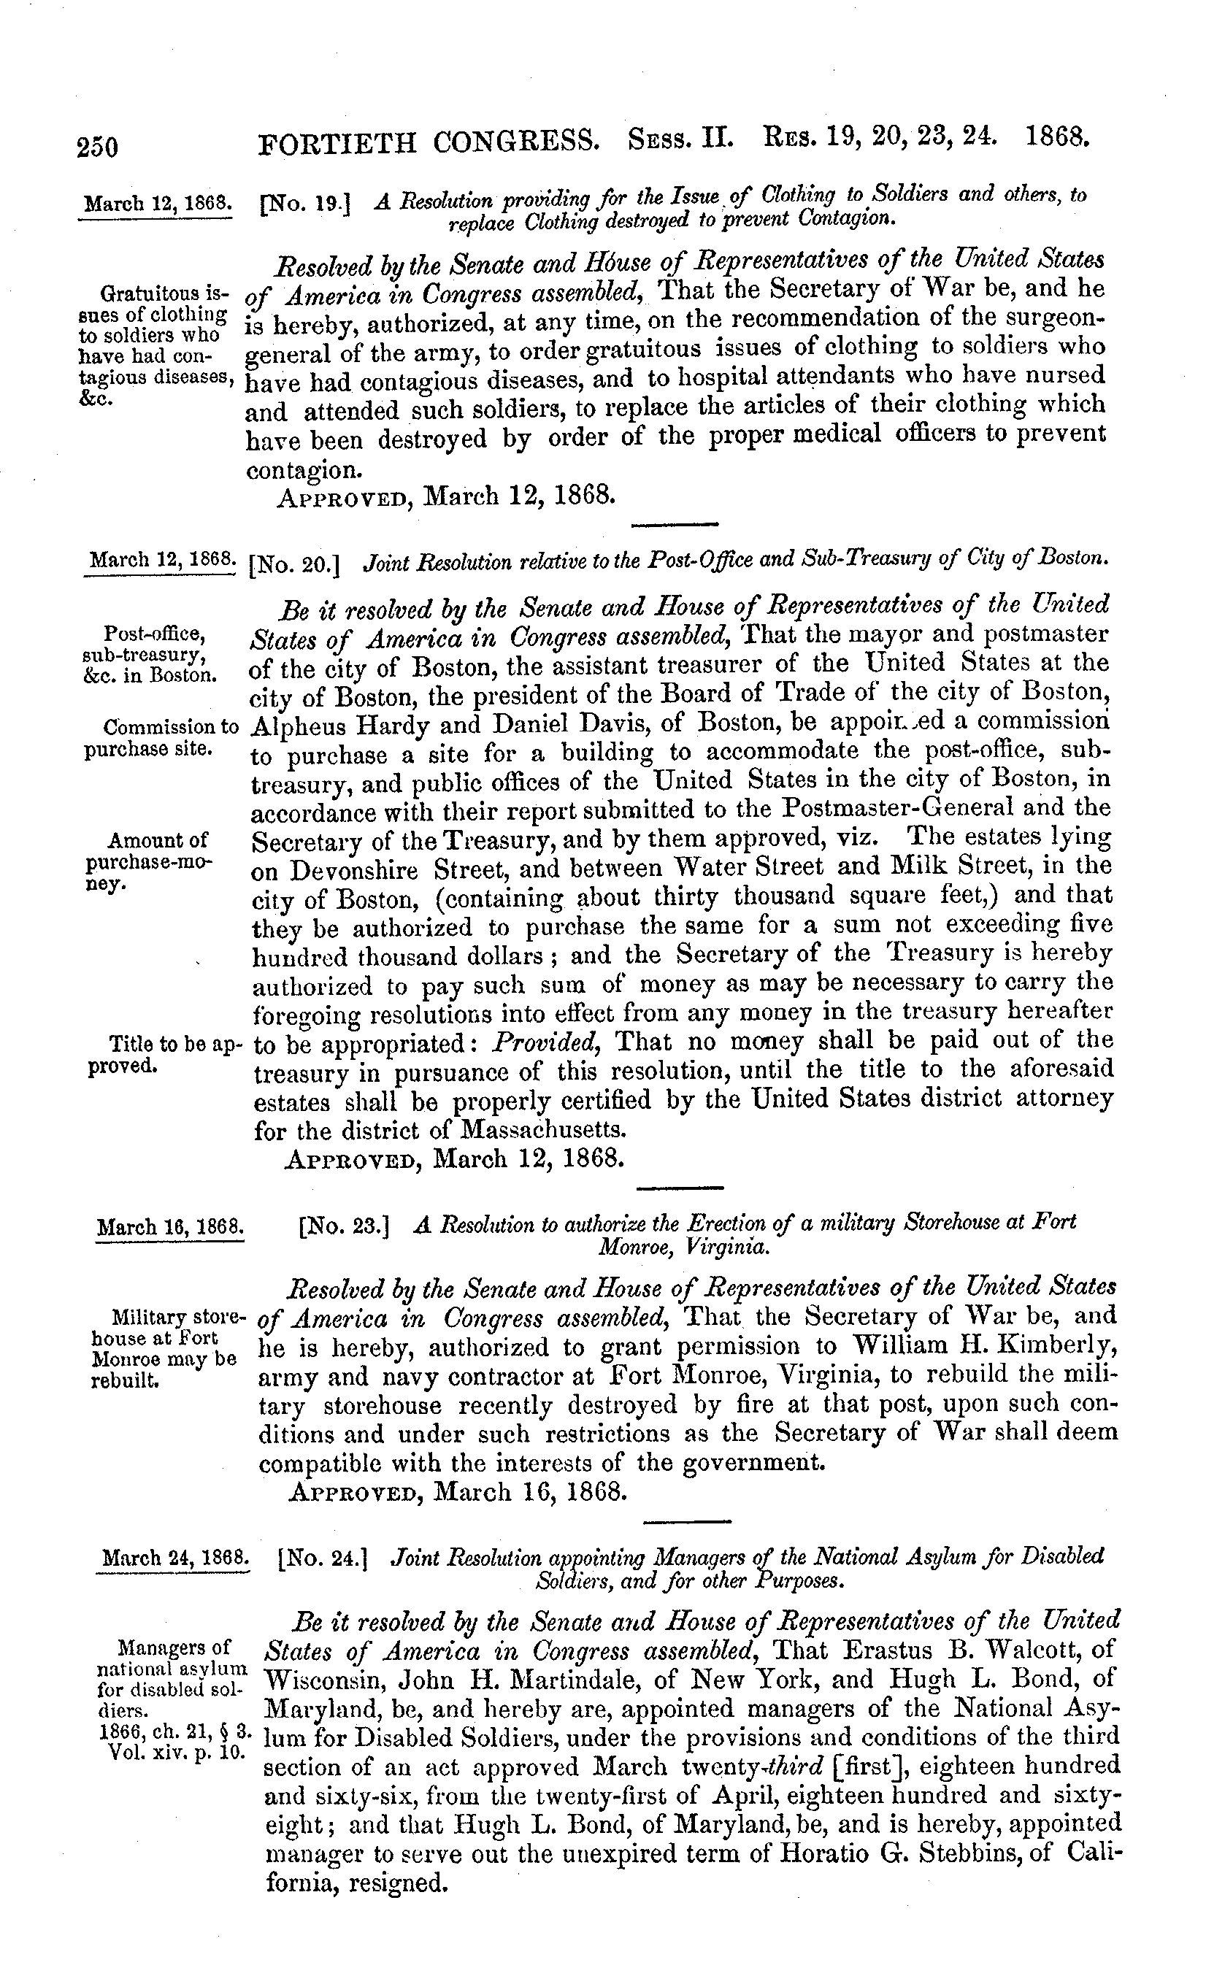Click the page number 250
[98, 147]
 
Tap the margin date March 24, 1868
[173, 1558]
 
